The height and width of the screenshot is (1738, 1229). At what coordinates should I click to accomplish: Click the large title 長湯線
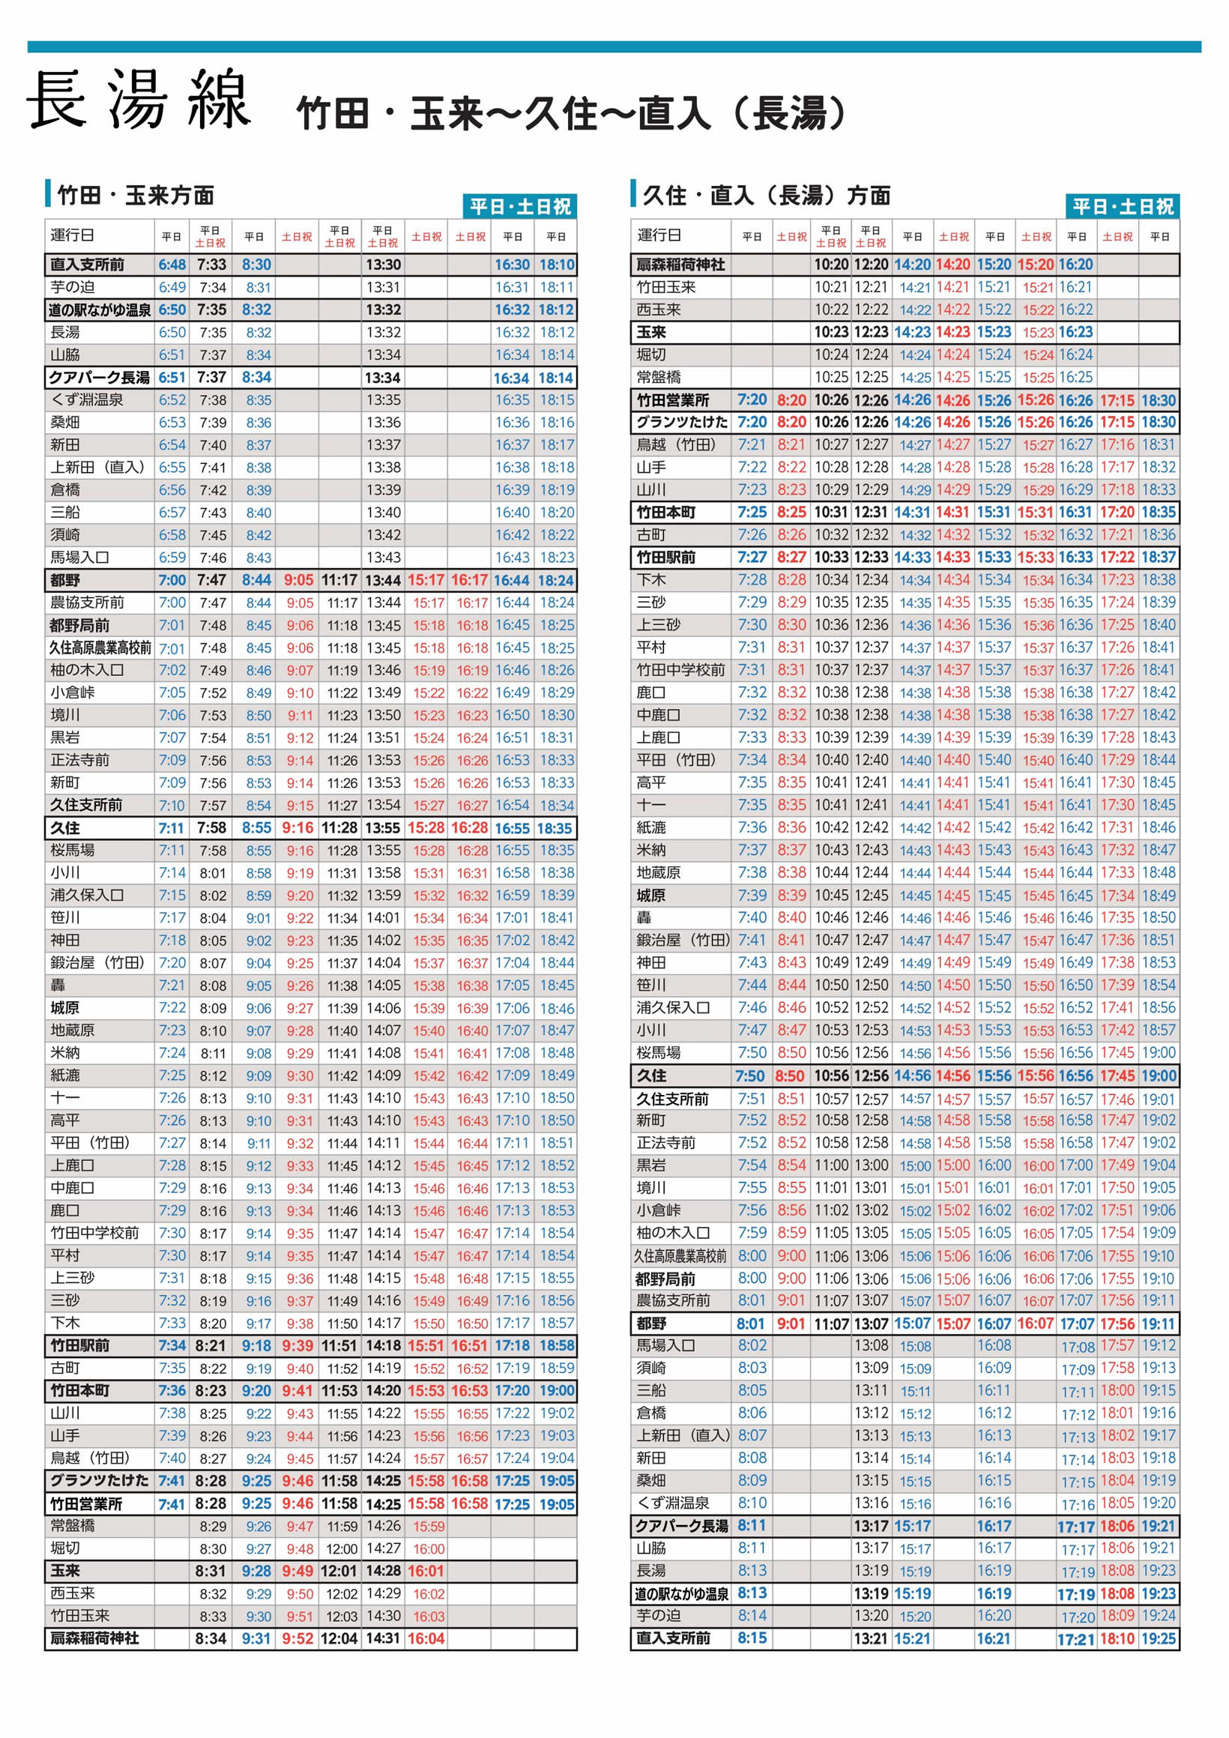(x=139, y=99)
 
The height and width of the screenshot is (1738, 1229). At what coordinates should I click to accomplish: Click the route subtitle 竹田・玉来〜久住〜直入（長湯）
(x=571, y=112)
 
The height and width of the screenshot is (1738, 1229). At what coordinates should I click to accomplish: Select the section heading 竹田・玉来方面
(x=136, y=196)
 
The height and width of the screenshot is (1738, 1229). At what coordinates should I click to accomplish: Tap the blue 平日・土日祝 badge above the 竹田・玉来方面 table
(x=520, y=207)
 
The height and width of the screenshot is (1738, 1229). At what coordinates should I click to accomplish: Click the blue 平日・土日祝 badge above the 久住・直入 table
(x=1123, y=207)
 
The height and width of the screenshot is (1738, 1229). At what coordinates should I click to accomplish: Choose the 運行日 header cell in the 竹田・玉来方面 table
(x=73, y=235)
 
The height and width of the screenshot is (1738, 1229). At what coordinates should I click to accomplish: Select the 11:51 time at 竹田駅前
(x=339, y=1346)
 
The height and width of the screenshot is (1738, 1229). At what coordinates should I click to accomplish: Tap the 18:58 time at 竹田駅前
(x=556, y=1346)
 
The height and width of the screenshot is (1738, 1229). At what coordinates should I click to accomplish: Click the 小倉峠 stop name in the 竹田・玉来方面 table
(x=73, y=693)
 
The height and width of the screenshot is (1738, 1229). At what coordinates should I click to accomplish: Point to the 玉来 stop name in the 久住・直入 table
(x=651, y=332)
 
